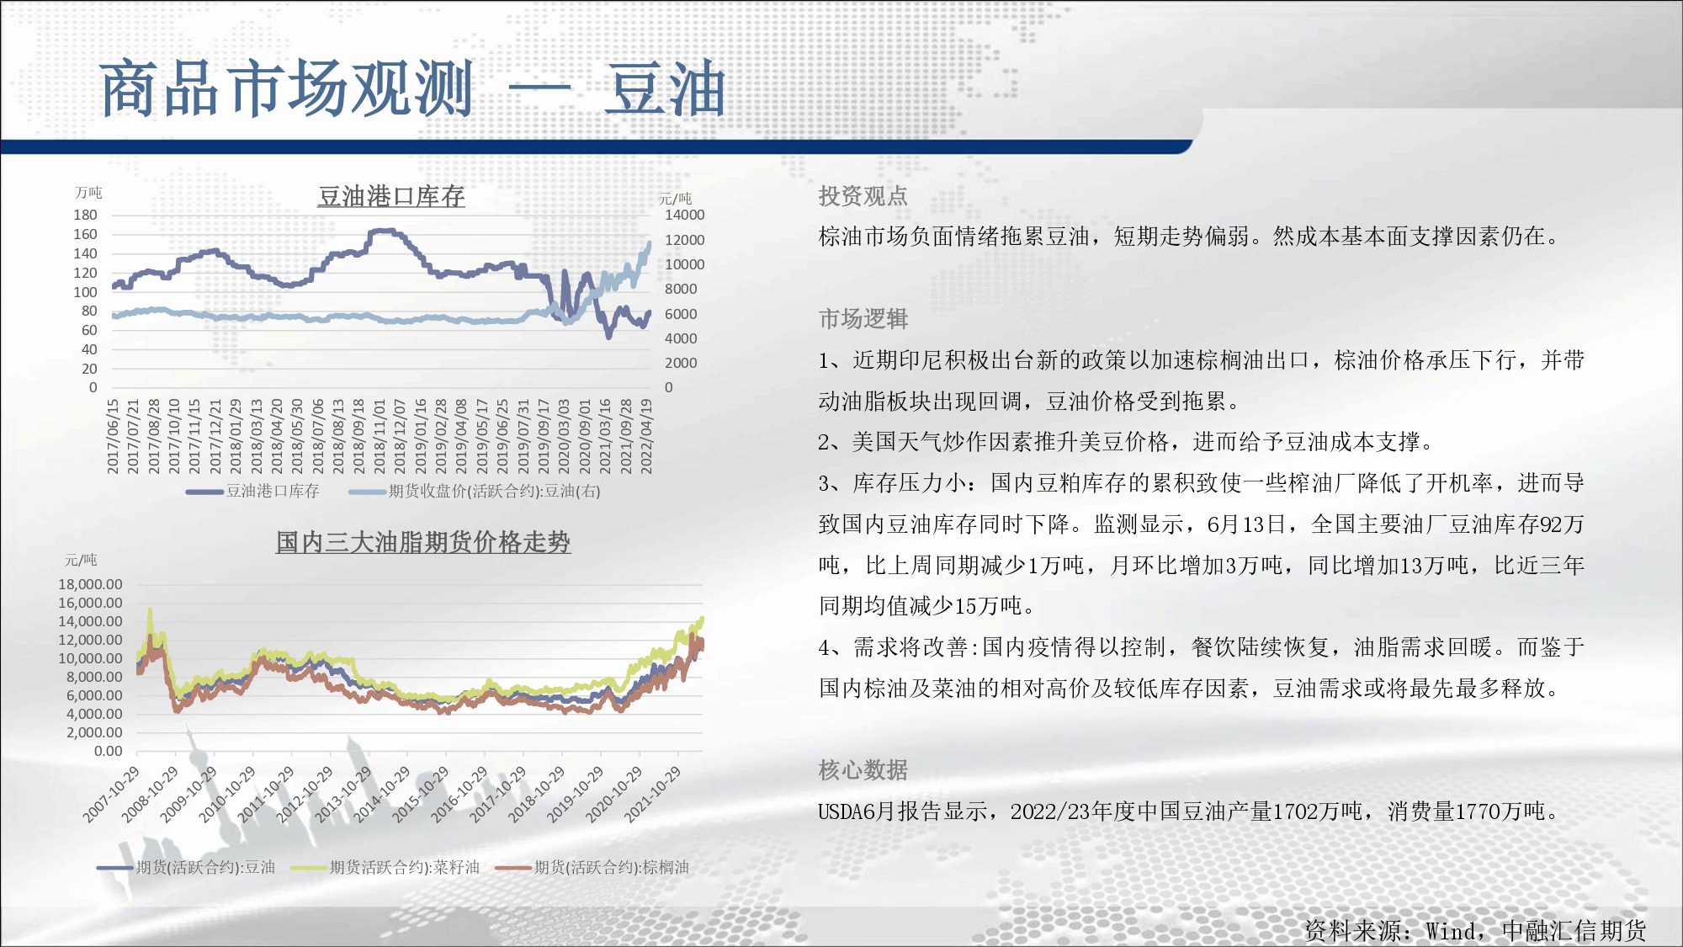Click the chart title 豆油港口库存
[391, 196]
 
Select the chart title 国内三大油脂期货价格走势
[423, 542]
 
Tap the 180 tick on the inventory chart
[85, 215]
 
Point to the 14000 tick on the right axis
[684, 215]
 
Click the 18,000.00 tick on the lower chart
[90, 584]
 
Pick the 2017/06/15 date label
[114, 436]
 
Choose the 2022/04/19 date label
[646, 436]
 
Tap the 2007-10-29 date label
[111, 795]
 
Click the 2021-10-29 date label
[652, 795]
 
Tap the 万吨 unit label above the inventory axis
[88, 193]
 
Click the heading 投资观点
[863, 196]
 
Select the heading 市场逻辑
[863, 319]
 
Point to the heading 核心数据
[863, 770]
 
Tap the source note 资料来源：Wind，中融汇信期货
[1475, 930]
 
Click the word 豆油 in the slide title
[665, 88]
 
